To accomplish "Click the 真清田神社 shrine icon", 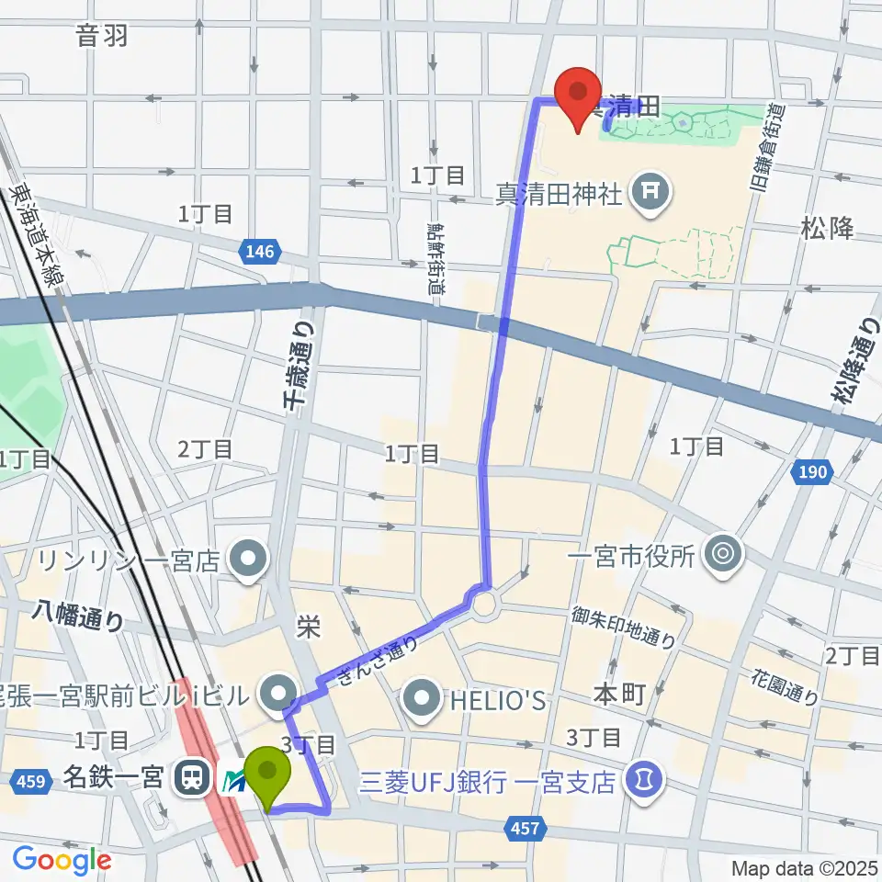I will pyautogui.click(x=651, y=191).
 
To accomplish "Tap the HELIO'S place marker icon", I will pyautogui.click(x=422, y=697).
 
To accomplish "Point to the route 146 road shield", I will pyautogui.click(x=259, y=251).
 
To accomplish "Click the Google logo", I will pyautogui.click(x=62, y=861).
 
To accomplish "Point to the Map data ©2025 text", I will pyautogui.click(x=803, y=867).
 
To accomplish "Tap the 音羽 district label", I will pyautogui.click(x=103, y=36).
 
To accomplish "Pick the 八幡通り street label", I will pyautogui.click(x=79, y=615).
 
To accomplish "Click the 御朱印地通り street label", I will pyautogui.click(x=625, y=627).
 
